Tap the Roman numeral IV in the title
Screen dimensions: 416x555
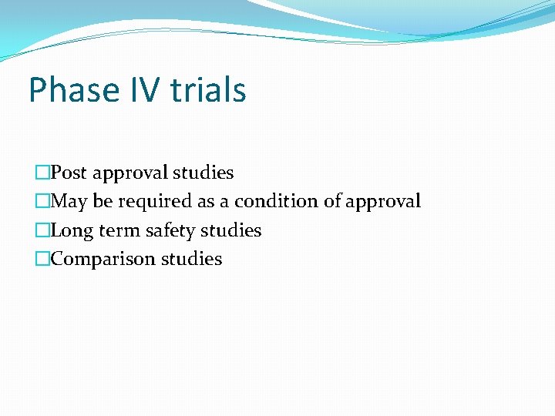point(140,90)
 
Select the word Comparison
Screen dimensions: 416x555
point(103,260)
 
